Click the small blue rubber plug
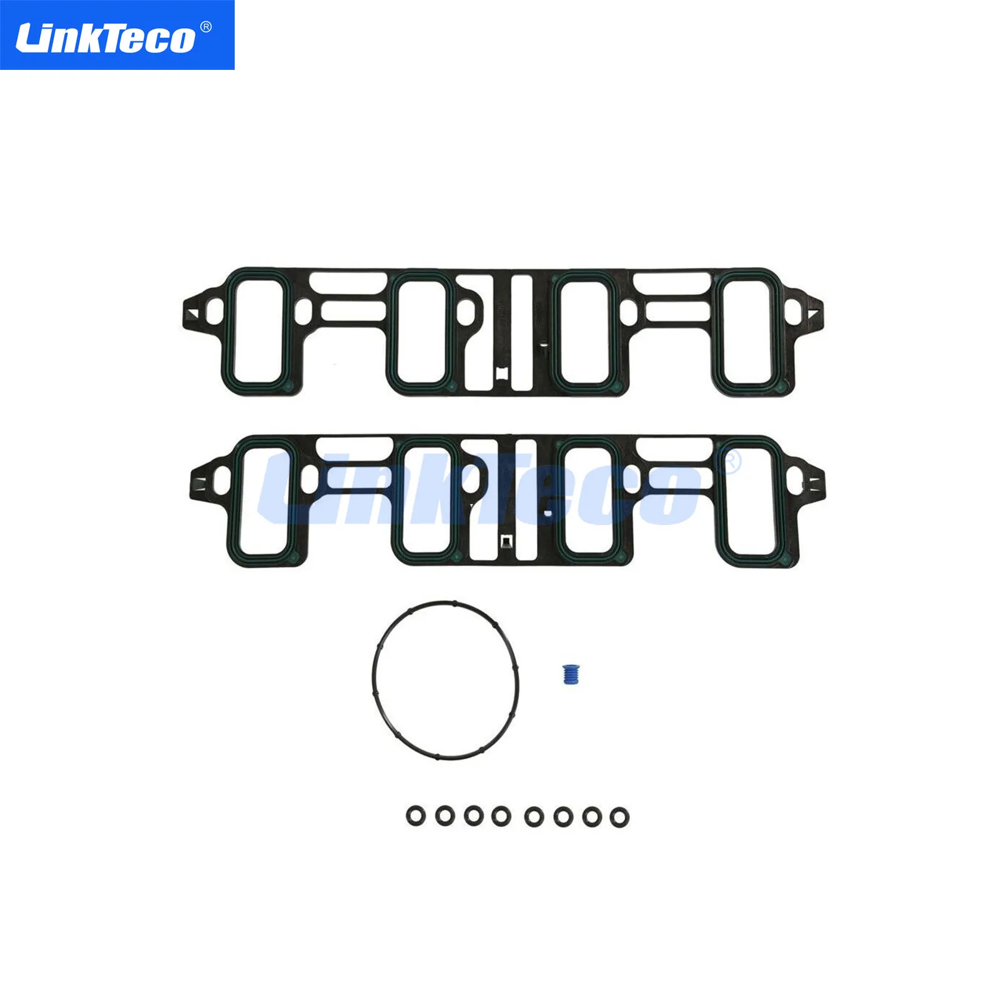click(570, 674)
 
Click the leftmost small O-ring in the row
click(416, 815)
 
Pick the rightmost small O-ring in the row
click(619, 817)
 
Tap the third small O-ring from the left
click(474, 815)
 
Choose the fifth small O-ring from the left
click(534, 816)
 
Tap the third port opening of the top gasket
click(585, 331)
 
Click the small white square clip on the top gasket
click(503, 373)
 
